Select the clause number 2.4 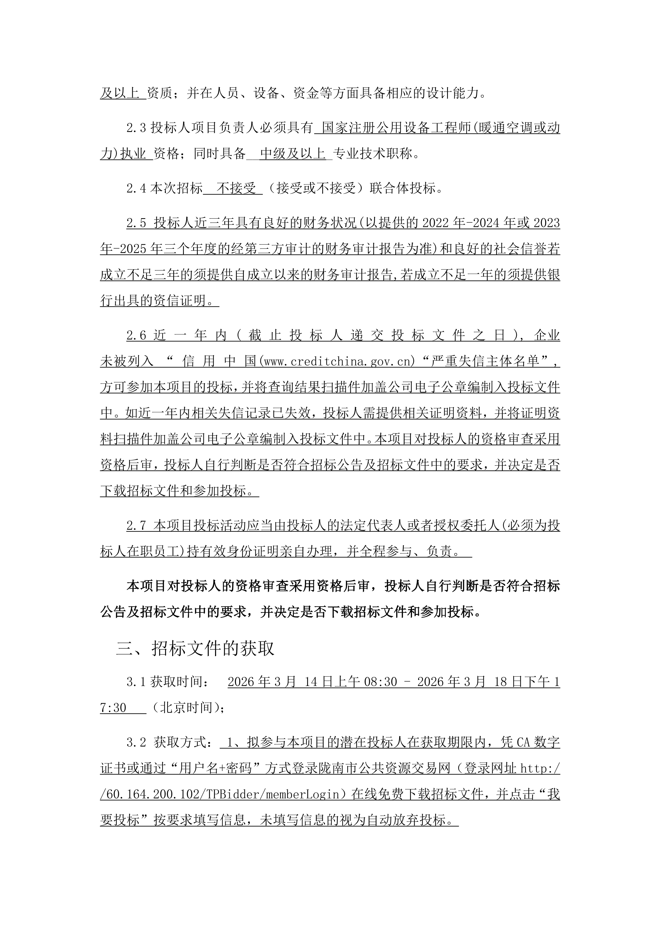[x=136, y=189]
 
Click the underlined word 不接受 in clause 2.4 [x=236, y=189]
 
